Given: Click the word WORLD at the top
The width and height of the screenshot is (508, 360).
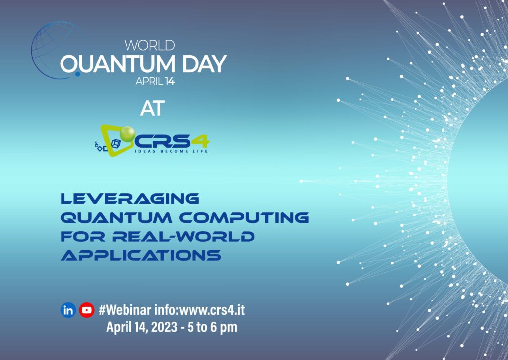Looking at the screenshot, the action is pyautogui.click(x=150, y=45).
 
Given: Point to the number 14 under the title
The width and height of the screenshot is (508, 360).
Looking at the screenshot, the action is pyautogui.click(x=170, y=82).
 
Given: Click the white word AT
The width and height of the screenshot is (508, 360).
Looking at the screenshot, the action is pyautogui.click(x=153, y=108).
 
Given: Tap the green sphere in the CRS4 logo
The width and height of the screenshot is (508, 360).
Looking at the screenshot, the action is pyautogui.click(x=127, y=134).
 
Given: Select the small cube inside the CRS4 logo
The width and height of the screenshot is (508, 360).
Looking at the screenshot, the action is pyautogui.click(x=116, y=143).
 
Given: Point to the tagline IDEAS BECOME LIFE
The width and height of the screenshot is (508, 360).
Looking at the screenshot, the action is pyautogui.click(x=171, y=151).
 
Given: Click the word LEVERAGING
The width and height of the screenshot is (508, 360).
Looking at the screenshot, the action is pyautogui.click(x=130, y=198).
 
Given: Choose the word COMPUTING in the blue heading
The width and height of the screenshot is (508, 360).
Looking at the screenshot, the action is pyautogui.click(x=244, y=218).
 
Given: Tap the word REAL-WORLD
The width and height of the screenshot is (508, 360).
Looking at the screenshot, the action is pyautogui.click(x=184, y=237).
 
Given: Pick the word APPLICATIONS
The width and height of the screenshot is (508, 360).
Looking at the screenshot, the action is pyautogui.click(x=141, y=255).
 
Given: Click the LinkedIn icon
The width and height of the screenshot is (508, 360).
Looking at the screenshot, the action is pyautogui.click(x=68, y=310).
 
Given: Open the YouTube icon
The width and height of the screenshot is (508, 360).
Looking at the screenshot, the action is pyautogui.click(x=87, y=310).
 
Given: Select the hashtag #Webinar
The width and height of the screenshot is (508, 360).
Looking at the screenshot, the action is pyautogui.click(x=125, y=310).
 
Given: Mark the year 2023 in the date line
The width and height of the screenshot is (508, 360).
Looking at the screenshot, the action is pyautogui.click(x=164, y=327).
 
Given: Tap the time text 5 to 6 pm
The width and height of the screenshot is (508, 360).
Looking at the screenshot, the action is pyautogui.click(x=212, y=327).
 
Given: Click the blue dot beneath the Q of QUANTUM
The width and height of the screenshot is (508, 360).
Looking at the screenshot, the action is pyautogui.click(x=78, y=74).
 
